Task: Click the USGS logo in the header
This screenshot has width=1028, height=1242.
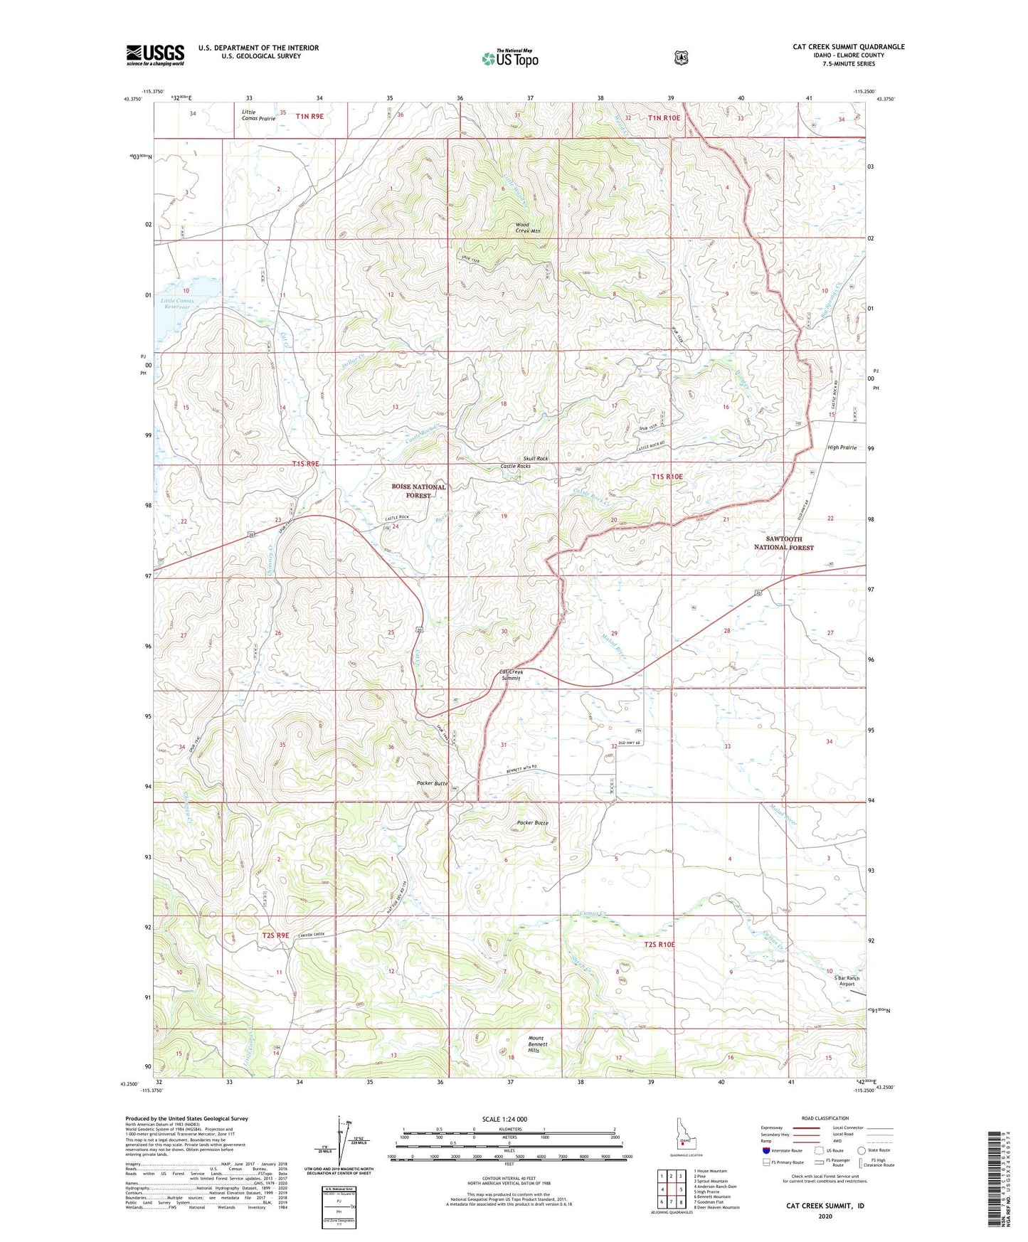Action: point(155,55)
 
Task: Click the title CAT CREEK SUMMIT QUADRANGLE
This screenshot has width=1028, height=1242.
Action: point(849,47)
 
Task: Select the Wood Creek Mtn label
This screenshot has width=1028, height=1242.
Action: point(528,228)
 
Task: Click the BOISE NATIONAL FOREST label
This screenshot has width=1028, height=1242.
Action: point(418,491)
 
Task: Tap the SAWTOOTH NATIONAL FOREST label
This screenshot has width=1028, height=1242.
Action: point(783,543)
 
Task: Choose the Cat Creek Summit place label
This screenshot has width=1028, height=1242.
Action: point(511,675)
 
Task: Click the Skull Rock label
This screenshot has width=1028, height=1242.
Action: point(536,459)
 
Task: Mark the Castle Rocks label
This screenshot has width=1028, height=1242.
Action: point(515,466)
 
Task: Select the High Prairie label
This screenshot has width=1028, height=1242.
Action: point(842,447)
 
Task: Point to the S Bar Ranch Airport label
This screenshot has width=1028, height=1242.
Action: point(847,981)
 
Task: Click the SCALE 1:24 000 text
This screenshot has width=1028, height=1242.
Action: point(504,1119)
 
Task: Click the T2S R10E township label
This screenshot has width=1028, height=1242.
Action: point(659,944)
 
